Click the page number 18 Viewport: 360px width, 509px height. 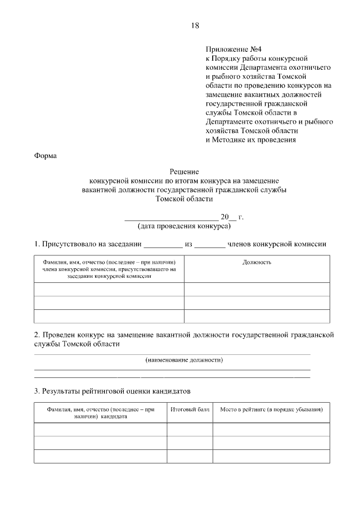pos(195,25)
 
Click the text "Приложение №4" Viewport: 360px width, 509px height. pos(231,49)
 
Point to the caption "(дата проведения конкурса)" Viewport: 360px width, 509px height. pos(184,226)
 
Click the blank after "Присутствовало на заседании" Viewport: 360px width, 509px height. pos(164,245)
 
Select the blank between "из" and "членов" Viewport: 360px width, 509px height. pos(210,245)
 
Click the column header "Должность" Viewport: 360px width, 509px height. pos(257,262)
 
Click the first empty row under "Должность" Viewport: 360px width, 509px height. pos(257,289)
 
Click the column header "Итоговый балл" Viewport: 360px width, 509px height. pos(190,410)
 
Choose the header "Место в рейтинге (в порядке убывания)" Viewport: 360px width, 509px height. pos(271,410)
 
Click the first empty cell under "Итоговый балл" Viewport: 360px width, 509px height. pos(190,430)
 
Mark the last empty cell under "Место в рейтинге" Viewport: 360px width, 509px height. pos(271,456)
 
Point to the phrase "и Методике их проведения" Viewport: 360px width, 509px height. pos(250,139)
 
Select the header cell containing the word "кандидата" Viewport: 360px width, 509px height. pos(100,413)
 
